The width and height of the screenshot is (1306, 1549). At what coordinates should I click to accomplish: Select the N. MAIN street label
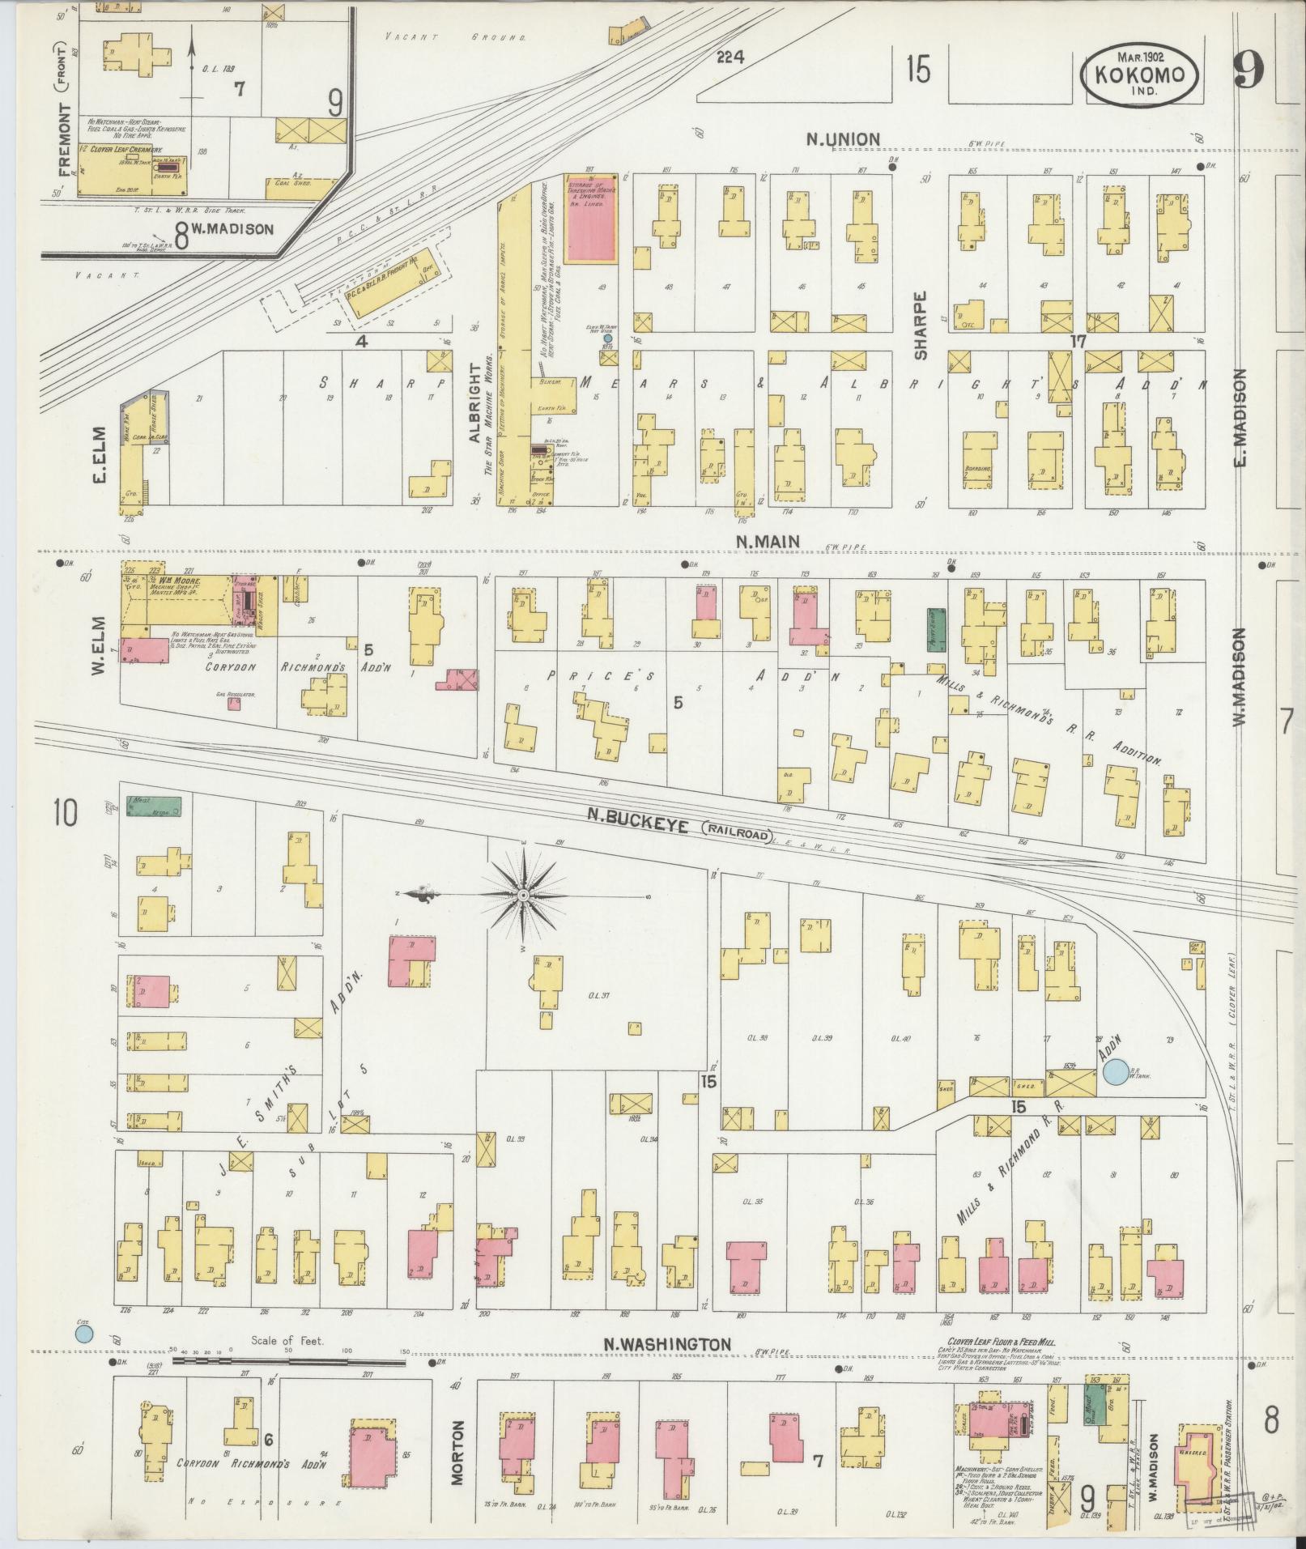[768, 540]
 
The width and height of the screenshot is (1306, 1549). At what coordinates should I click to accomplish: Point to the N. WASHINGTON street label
[667, 1344]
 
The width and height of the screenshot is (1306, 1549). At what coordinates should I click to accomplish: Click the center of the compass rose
[523, 895]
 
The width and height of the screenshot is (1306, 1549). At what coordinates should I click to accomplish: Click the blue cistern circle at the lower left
[83, 1333]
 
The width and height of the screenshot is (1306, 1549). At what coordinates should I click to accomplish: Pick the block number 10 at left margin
[65, 813]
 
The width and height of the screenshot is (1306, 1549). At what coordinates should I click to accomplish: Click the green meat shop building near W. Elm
[154, 806]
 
